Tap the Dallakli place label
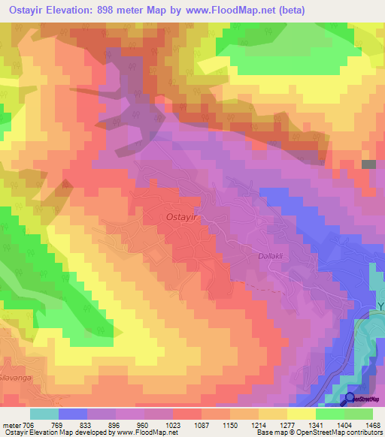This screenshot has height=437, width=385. pyautogui.click(x=262, y=257)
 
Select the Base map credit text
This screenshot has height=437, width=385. pyautogui.click(x=275, y=432)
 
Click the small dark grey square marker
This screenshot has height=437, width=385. pyautogui.click(x=368, y=164)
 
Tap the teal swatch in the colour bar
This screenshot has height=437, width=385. pyautogui.click(x=44, y=414)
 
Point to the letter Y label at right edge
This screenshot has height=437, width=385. pyautogui.click(x=380, y=307)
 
